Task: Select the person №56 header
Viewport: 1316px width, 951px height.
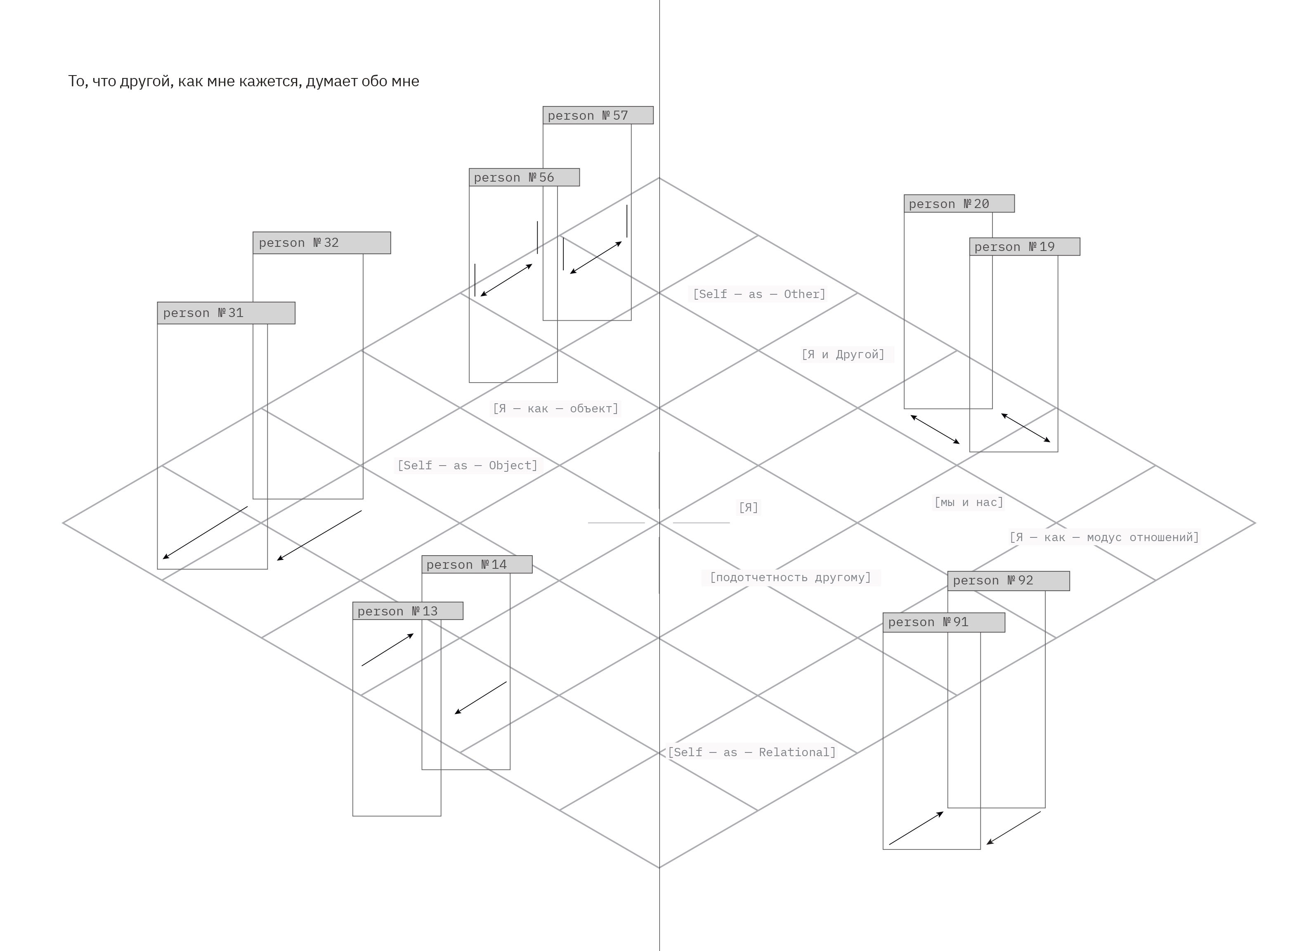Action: coord(524,177)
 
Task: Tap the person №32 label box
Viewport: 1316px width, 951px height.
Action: coord(321,243)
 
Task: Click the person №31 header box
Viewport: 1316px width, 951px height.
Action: coord(226,313)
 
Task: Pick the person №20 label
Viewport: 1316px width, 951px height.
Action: coord(959,203)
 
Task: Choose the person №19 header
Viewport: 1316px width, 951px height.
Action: coord(1025,246)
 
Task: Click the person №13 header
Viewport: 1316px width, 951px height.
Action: coord(408,611)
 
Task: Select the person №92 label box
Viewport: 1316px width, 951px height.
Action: coord(1009,581)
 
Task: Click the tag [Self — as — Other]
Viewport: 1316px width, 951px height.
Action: coord(759,294)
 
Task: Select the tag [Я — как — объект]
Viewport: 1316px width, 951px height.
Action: coord(555,409)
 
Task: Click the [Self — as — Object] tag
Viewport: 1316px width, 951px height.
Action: coord(467,465)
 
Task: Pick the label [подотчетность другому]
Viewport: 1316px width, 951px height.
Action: coord(790,577)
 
